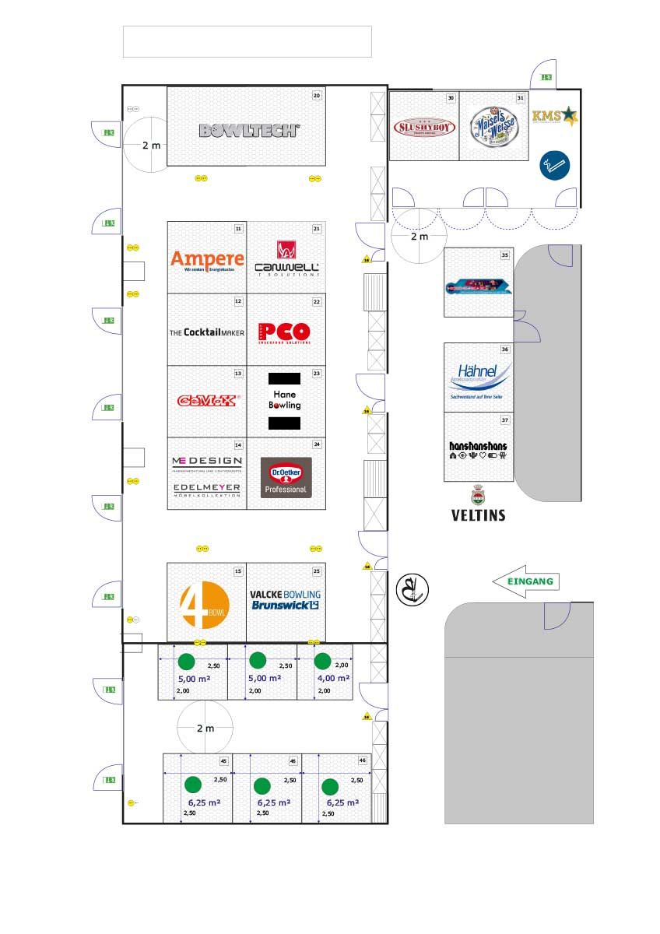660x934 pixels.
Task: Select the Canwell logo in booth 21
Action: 286,261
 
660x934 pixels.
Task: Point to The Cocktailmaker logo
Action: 207,332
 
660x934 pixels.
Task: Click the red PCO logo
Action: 284,332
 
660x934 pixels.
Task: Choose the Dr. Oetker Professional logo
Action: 286,477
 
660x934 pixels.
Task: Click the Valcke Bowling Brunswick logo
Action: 286,599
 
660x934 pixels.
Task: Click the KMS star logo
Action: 555,117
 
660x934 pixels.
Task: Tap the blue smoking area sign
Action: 555,165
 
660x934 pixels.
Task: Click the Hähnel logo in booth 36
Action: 479,377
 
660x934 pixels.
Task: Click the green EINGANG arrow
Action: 525,581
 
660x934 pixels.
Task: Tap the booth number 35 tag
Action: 505,255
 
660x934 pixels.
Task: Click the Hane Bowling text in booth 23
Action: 284,400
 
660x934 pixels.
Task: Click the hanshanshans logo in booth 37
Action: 478,450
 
